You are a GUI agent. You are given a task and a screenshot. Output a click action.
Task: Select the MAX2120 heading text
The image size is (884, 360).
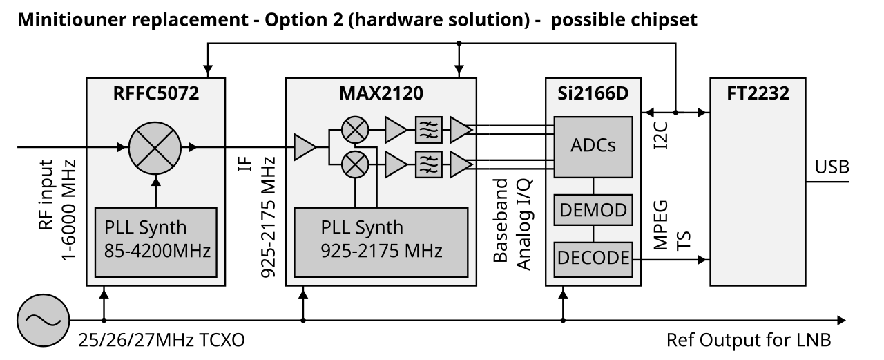coord(381,93)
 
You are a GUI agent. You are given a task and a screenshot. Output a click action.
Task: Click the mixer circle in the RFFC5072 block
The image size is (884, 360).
coord(155,146)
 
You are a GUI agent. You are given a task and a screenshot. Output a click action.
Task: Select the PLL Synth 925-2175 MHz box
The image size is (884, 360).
coord(381,239)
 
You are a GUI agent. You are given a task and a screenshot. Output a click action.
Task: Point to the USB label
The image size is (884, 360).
coord(832,167)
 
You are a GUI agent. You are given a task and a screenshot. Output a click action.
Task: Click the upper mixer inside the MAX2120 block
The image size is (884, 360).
coord(355,127)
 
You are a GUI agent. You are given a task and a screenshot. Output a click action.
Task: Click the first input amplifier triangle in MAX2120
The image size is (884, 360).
coord(305,146)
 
